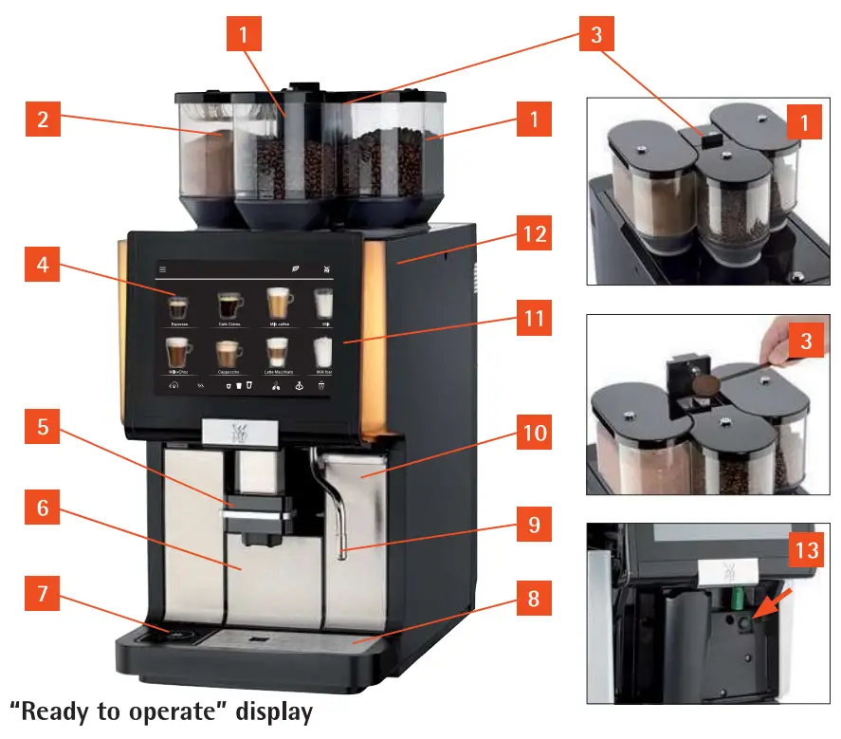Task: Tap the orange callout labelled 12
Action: click(535, 233)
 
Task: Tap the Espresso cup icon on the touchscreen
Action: click(177, 307)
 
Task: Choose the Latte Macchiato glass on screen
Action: click(278, 353)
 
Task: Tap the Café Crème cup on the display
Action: click(229, 305)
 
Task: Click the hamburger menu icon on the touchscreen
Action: click(162, 269)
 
